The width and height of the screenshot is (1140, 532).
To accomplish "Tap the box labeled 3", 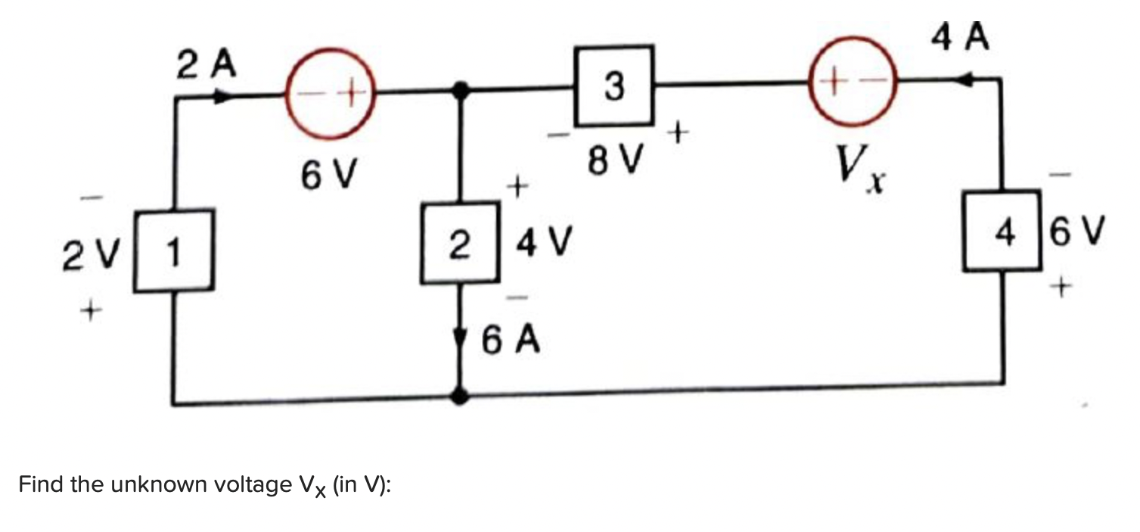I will [614, 86].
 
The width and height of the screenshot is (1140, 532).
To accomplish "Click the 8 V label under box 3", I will [614, 160].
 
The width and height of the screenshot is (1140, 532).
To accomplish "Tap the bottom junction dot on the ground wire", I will [459, 395].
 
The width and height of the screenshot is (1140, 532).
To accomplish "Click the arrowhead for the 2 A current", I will [222, 97].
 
